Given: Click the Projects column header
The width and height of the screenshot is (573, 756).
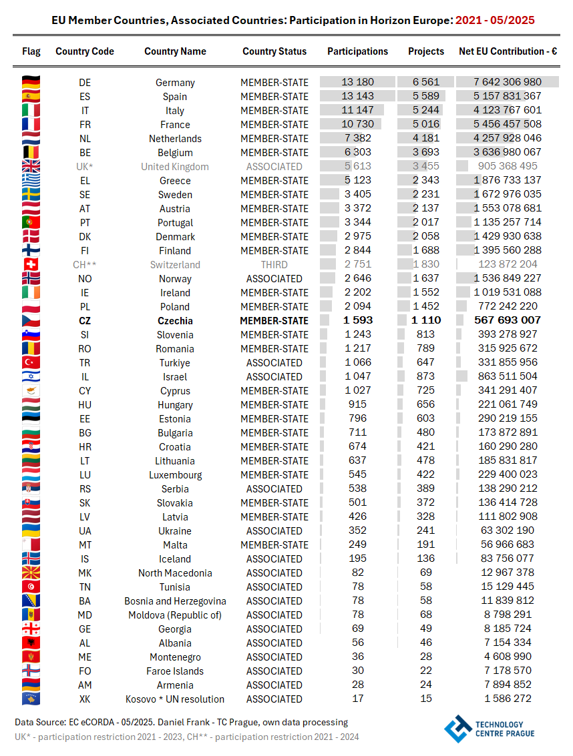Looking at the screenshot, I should (426, 51).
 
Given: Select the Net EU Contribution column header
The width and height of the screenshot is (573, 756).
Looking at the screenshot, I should (508, 51).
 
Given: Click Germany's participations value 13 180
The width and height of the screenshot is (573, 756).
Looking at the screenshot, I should (357, 82).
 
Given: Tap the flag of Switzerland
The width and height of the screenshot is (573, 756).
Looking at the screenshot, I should (31, 265).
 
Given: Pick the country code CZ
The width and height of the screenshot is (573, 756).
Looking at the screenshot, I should (85, 320).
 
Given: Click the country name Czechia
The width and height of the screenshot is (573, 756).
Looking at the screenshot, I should (175, 320).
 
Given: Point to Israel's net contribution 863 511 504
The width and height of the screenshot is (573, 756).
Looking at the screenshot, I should (508, 376).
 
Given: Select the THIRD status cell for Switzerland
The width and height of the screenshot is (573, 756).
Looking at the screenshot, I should (274, 265).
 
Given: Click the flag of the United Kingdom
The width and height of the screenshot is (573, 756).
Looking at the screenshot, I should (31, 167).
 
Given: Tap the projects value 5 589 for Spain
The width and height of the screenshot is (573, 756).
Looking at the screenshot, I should (426, 96).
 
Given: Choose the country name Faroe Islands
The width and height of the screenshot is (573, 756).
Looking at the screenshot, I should (175, 671).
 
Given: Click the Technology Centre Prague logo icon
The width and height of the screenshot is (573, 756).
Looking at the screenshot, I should (458, 729).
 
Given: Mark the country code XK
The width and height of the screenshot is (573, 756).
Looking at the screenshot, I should (85, 699).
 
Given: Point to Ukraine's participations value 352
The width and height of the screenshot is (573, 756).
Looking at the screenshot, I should (357, 531).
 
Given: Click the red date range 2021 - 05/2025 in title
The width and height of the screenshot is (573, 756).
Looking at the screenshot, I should (495, 20).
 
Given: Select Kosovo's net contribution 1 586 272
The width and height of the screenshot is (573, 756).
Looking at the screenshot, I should (508, 699).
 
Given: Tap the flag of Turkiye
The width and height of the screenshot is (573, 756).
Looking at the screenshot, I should (31, 362).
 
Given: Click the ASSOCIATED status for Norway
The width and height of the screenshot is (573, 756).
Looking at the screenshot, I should (274, 279).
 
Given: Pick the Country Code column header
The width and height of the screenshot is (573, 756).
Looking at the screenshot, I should (85, 51).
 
